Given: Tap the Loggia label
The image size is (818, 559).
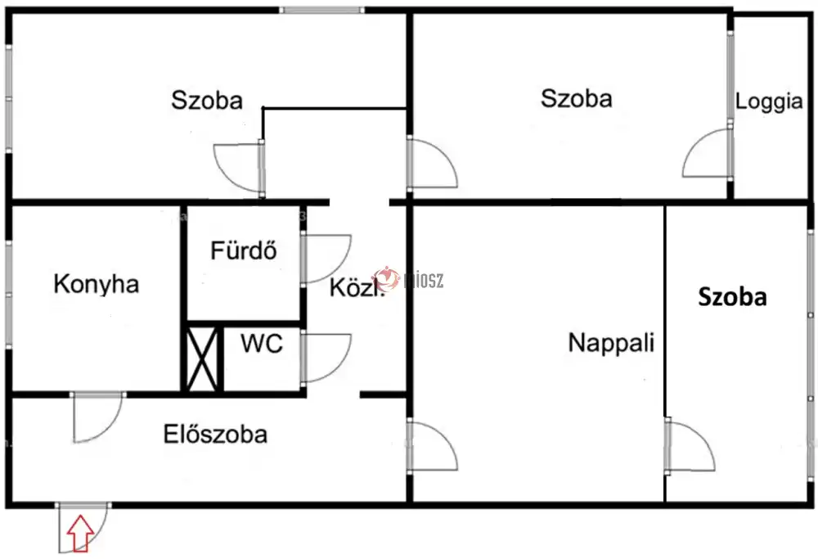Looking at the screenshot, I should click(769, 102).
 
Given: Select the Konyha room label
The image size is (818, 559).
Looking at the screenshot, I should click(96, 285).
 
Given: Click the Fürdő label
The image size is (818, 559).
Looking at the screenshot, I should click(243, 250).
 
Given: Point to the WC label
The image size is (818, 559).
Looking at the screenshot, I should click(262, 344).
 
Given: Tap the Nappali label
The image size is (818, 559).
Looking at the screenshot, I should click(612, 342).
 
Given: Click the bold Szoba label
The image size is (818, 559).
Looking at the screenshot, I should click(732, 298).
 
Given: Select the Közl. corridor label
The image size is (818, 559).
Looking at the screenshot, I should click(357, 288).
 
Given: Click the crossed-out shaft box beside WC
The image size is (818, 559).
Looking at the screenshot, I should click(202, 358).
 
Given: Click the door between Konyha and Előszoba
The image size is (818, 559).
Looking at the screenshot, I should click(97, 416).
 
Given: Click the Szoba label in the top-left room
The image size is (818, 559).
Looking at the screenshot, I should click(207, 101).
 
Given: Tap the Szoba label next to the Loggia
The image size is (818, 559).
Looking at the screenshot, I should click(577, 99).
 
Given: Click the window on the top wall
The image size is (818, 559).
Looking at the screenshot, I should click(321, 11).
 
